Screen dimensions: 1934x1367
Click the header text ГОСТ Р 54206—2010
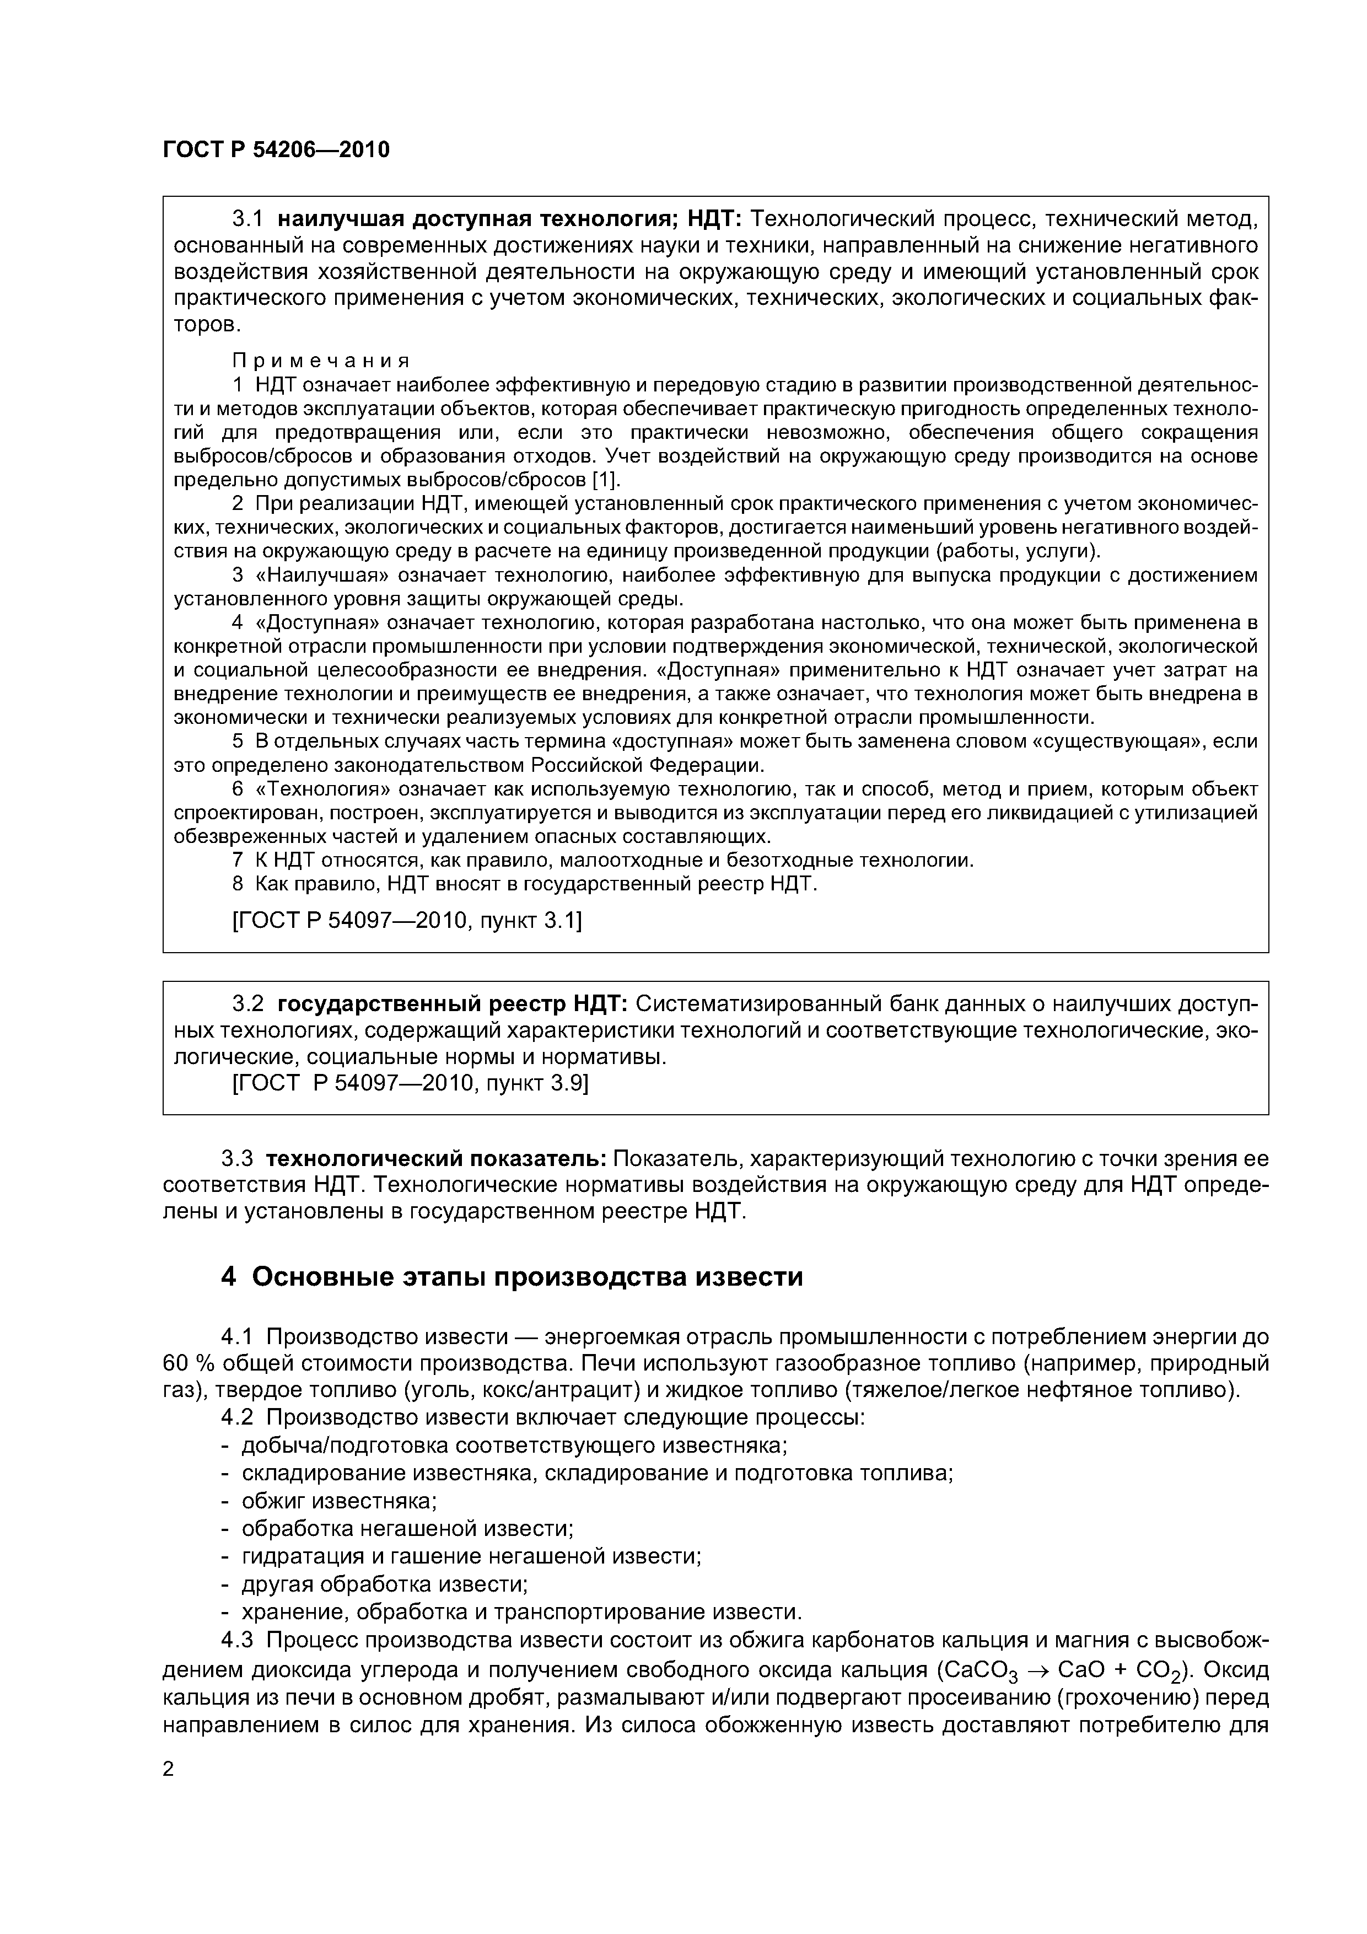pos(276,150)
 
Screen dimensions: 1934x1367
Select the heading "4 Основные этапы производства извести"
pos(512,1277)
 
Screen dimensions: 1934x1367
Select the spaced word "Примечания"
pos(321,361)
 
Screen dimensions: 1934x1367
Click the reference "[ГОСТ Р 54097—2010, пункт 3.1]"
pos(406,921)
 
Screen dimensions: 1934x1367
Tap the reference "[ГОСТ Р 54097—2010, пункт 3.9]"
pos(410,1082)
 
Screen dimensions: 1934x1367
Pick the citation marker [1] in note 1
pos(605,480)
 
